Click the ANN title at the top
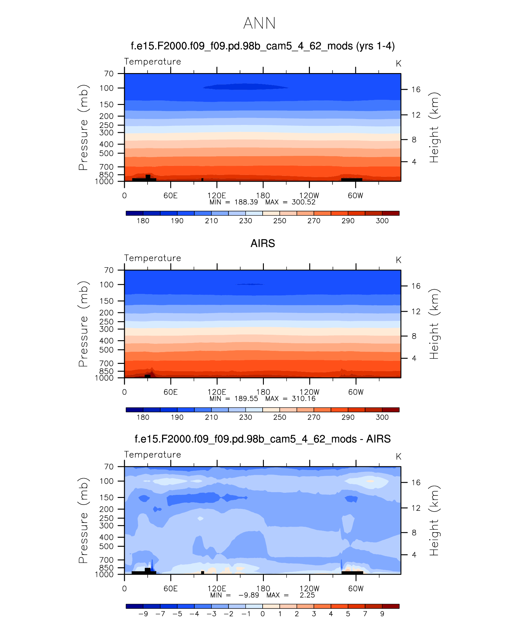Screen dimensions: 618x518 click(x=259, y=23)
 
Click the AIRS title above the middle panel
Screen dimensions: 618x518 click(x=263, y=244)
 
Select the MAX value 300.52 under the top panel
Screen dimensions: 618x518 click(x=304, y=202)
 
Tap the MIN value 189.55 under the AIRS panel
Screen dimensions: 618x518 click(x=246, y=399)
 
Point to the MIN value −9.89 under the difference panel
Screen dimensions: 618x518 click(x=248, y=595)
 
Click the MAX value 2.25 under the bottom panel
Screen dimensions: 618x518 click(x=307, y=595)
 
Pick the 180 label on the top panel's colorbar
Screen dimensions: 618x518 click(x=143, y=221)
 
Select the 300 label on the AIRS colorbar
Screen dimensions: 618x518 click(x=382, y=417)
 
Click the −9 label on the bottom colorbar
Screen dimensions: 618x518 click(x=143, y=614)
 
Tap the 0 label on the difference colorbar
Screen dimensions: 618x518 click(x=263, y=614)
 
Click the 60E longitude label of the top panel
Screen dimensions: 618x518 click(x=171, y=196)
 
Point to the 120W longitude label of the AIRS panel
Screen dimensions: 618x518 click(x=309, y=392)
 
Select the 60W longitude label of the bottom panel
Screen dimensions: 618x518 click(x=356, y=589)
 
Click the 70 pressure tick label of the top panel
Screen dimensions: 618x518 click(x=109, y=74)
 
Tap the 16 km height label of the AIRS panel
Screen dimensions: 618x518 click(x=416, y=286)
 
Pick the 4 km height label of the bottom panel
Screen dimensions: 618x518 click(x=414, y=555)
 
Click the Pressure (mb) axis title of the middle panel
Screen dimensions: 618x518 click(x=83, y=324)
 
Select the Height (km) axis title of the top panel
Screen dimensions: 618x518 click(x=434, y=127)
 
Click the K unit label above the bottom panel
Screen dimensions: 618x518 click(x=398, y=456)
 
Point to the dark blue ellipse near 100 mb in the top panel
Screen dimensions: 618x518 click(x=245, y=87)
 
